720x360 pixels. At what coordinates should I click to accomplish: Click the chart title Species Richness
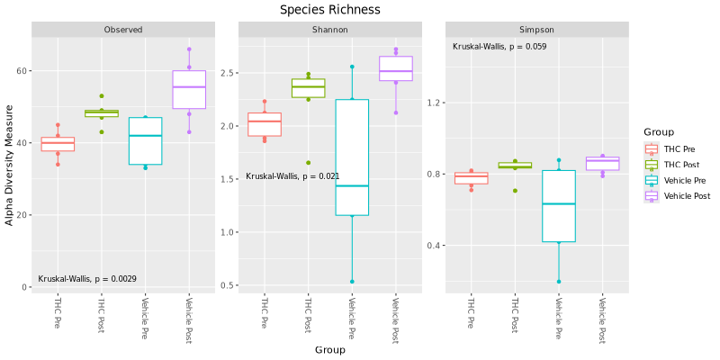pos(329,9)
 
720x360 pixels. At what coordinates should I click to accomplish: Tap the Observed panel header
pos(122,30)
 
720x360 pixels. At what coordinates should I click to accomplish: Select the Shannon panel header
pos(329,30)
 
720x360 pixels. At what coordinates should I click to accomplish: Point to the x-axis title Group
pos(329,349)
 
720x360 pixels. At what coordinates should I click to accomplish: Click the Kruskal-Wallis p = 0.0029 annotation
pos(87,279)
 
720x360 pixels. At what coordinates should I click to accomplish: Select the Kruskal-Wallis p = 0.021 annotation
pos(292,176)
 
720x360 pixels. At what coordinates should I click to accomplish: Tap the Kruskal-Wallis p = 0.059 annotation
pos(499,47)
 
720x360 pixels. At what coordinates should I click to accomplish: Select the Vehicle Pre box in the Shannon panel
pos(352,157)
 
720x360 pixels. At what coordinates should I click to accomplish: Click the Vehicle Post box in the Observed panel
pos(189,89)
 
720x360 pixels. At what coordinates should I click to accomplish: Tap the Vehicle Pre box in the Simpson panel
pos(558,206)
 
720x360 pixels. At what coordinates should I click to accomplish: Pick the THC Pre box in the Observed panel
pos(58,144)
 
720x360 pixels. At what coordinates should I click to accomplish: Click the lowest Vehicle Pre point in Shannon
pos(352,282)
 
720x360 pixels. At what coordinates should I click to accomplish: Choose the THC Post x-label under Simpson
pos(515,315)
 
